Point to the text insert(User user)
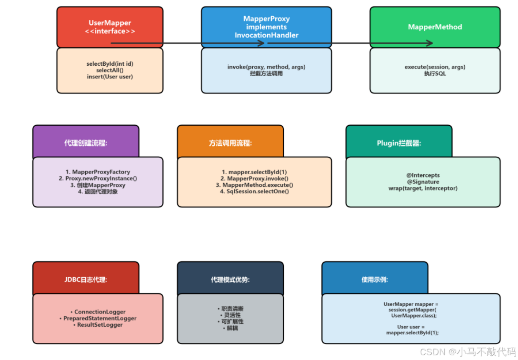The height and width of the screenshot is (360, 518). click(x=110, y=77)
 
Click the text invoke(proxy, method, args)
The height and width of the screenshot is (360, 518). click(x=266, y=67)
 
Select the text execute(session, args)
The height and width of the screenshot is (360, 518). click(x=435, y=67)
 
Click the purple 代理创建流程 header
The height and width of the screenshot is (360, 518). click(x=86, y=143)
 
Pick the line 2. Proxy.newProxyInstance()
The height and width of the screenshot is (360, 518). click(x=98, y=179)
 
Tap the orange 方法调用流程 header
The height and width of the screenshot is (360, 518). click(x=230, y=143)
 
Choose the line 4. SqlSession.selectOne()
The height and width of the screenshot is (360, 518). click(x=254, y=191)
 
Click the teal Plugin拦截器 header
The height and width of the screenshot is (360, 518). click(x=398, y=143)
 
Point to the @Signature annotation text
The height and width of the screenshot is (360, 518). click(x=423, y=182)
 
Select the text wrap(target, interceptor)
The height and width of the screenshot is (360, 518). click(x=423, y=188)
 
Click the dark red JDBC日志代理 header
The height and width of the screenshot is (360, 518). click(x=86, y=280)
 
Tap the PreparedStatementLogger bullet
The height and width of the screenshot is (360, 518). click(x=98, y=318)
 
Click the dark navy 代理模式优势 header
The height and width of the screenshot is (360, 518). click(x=230, y=280)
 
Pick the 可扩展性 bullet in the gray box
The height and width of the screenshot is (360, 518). click(x=230, y=321)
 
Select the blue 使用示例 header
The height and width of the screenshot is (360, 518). click(x=374, y=280)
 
